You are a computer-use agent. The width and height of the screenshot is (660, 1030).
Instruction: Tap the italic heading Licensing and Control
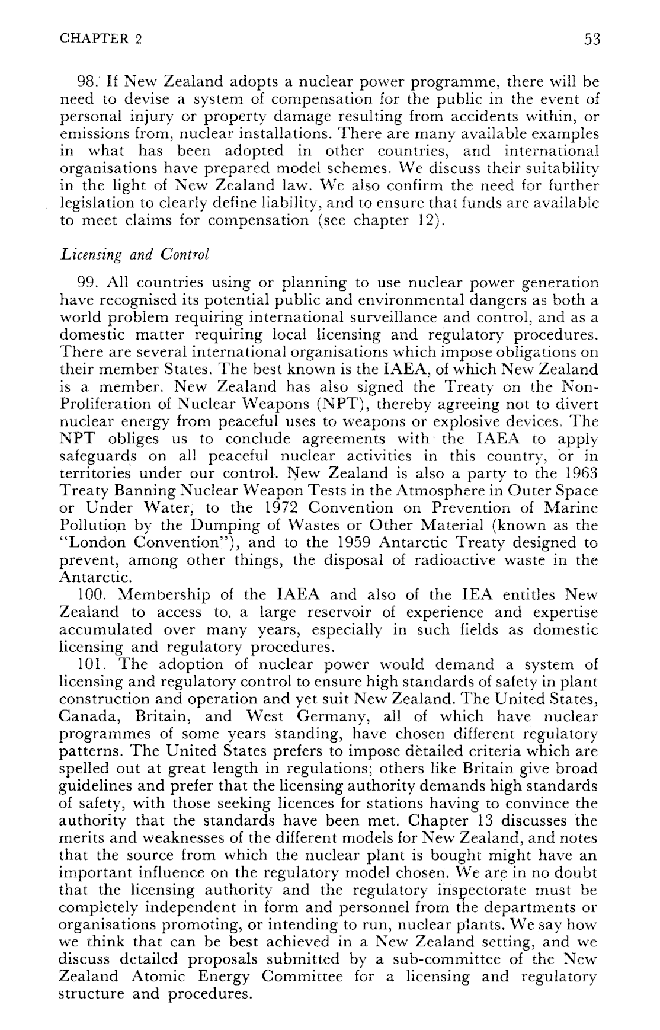[x=127, y=255]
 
